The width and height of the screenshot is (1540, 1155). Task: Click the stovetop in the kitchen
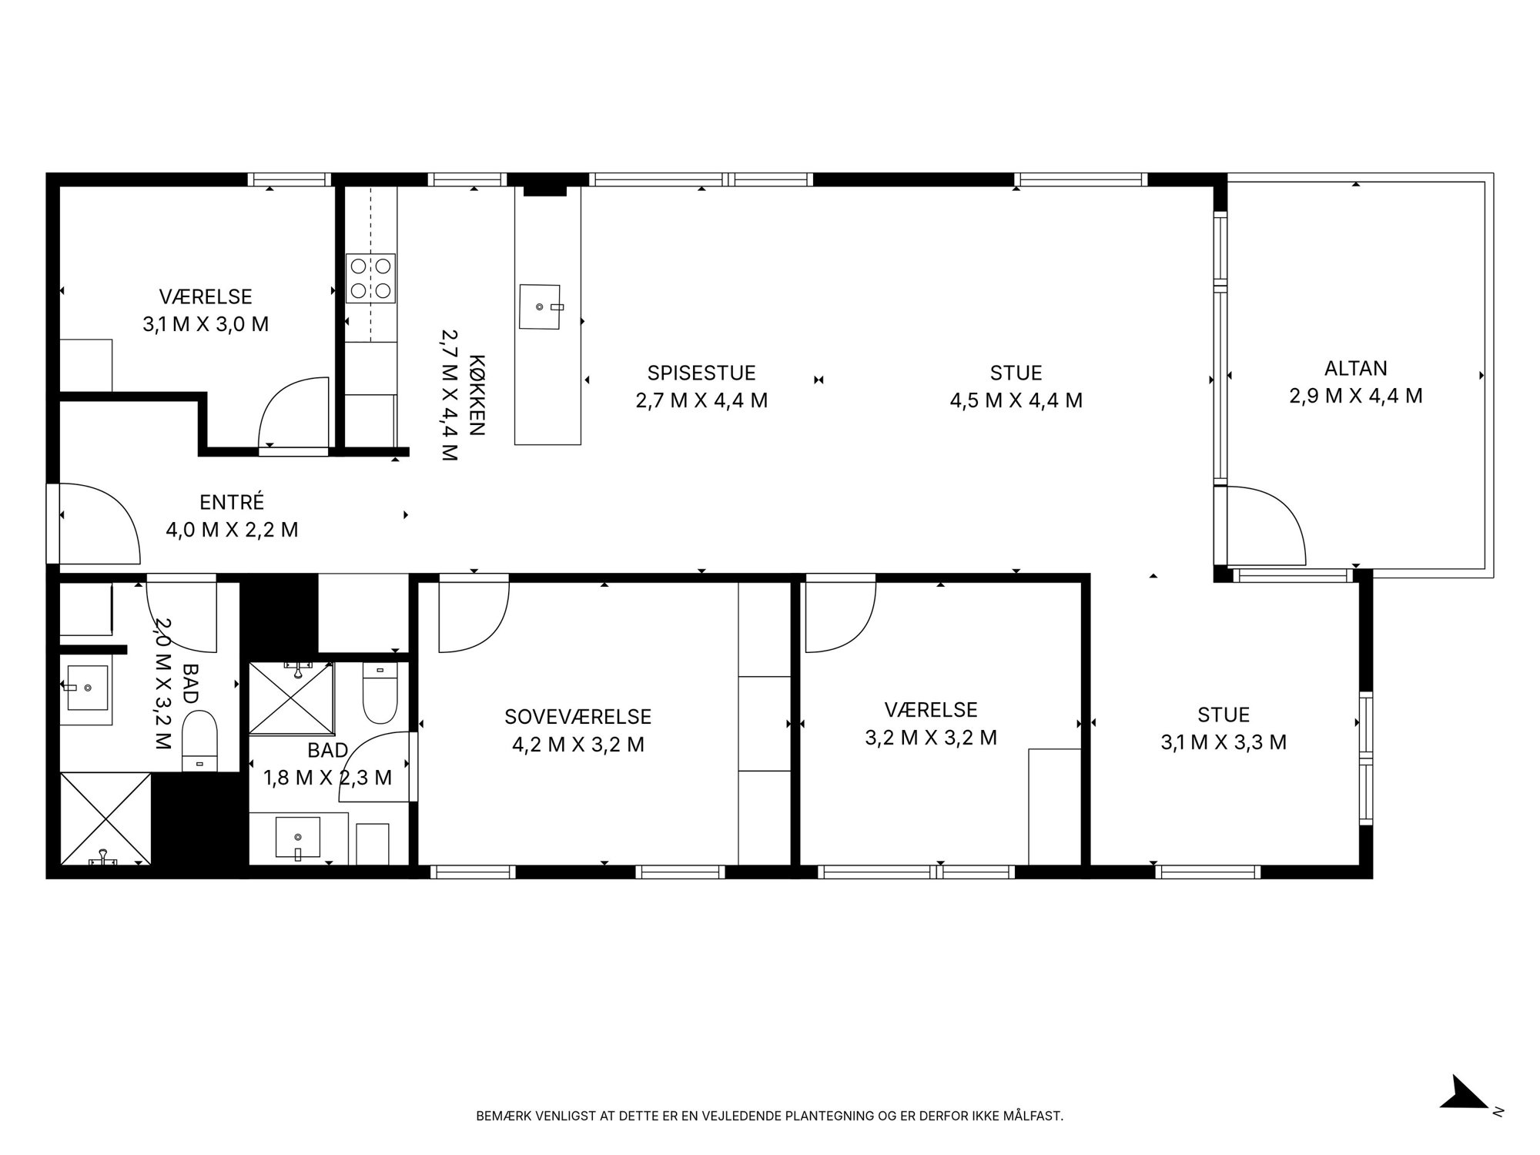371,278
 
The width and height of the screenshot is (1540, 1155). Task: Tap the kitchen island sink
541,306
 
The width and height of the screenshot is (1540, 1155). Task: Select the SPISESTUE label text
701,373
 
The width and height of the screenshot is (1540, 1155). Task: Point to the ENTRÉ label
232,502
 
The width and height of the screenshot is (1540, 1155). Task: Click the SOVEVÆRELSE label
577,717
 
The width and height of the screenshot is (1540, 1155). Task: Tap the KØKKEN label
477,395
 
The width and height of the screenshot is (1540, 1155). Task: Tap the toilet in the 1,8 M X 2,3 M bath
380,694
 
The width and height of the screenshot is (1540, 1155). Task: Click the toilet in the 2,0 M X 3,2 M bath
200,741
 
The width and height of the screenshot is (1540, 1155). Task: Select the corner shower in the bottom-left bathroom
105,819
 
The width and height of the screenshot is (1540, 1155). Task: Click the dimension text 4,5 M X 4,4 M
1016,400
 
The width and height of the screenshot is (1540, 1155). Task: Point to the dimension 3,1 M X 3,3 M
1224,742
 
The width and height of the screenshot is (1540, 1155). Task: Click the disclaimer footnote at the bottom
770,1116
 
